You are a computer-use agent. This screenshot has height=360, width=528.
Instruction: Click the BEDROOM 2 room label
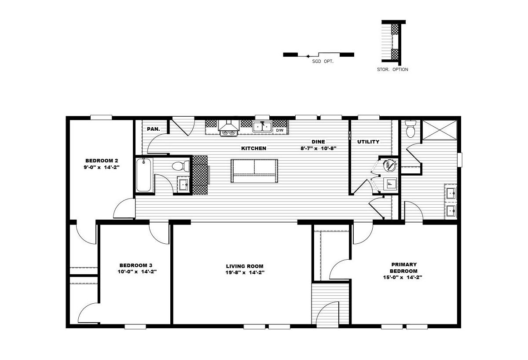click(102, 161)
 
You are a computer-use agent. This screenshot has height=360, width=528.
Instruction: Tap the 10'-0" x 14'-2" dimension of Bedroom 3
click(137, 272)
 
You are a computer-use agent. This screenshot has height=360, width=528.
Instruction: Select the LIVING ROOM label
click(245, 266)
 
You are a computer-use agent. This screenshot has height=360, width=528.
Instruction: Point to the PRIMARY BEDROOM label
click(403, 268)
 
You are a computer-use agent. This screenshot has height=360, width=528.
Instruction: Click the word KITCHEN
click(253, 148)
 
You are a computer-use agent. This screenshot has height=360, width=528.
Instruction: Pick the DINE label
click(318, 142)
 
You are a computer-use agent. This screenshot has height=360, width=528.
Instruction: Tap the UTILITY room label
click(368, 142)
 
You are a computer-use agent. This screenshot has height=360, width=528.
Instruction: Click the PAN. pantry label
click(154, 129)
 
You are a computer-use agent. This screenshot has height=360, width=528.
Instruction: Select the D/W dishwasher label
click(279, 130)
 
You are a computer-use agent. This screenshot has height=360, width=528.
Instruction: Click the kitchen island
click(254, 171)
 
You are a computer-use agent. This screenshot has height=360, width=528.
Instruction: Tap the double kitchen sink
click(262, 127)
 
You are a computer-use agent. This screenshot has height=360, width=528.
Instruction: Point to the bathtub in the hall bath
click(143, 175)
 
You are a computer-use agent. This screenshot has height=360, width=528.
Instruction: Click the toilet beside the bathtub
click(180, 166)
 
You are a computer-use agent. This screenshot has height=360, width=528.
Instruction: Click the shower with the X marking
click(440, 130)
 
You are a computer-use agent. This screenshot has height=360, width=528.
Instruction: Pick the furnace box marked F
click(390, 184)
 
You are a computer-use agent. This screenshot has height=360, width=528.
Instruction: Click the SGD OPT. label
click(323, 62)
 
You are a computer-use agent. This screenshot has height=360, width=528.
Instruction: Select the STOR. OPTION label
click(392, 70)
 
